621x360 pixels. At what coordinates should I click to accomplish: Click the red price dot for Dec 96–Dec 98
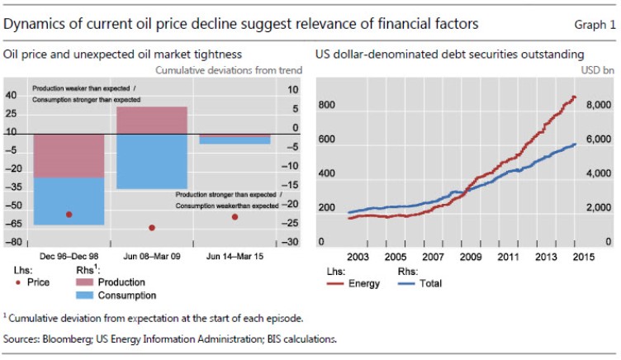69,215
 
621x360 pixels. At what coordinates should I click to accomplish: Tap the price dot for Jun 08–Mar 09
152,228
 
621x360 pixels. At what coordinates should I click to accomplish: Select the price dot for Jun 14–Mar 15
235,217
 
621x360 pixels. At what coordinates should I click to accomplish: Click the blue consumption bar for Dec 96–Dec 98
69,201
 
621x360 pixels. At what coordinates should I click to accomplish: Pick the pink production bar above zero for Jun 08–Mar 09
152,121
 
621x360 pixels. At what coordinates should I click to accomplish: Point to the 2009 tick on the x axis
469,256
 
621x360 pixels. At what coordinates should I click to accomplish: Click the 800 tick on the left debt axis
326,106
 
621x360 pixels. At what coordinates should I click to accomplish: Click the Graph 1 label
595,25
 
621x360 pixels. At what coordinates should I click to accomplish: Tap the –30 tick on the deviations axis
287,243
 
